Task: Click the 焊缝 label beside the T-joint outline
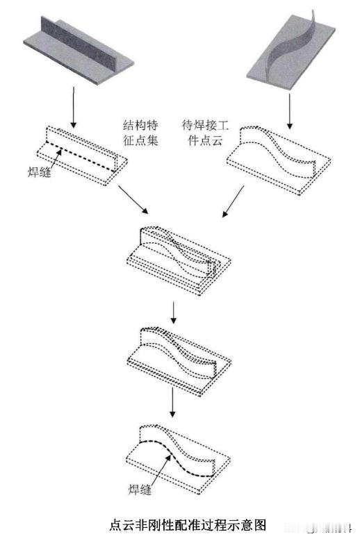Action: click(x=40, y=172)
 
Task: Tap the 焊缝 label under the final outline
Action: click(x=140, y=489)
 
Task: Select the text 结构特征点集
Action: click(x=140, y=133)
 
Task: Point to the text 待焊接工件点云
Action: click(x=206, y=133)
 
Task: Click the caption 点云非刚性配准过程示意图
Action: click(x=188, y=525)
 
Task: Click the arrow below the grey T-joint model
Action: click(x=73, y=108)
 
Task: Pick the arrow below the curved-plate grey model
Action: click(x=290, y=111)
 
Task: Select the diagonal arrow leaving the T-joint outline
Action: click(x=133, y=199)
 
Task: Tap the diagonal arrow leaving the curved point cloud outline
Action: click(x=233, y=201)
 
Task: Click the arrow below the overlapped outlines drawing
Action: click(x=173, y=312)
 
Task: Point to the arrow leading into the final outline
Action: click(x=172, y=402)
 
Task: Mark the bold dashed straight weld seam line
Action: click(x=81, y=156)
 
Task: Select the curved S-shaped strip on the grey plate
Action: click(x=293, y=44)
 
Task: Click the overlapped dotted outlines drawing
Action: click(x=179, y=261)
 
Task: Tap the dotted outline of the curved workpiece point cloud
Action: click(x=279, y=160)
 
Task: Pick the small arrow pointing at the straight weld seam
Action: click(x=54, y=158)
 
